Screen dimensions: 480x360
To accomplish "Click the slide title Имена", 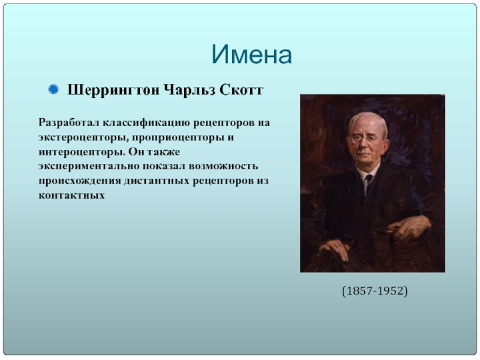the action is [251, 55].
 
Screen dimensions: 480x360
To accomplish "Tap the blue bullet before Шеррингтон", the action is [53, 89].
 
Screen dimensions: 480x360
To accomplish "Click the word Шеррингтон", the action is [113, 91].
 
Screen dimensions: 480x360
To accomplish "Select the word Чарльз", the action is [190, 91].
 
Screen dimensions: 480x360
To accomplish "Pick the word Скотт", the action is [242, 90].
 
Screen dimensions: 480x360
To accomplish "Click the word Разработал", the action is [69, 123].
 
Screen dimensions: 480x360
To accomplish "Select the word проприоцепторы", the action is [178, 138].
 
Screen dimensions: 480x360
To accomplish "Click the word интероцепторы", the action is [82, 152].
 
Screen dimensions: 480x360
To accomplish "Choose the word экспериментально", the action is [89, 167].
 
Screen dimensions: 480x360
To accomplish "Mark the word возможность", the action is [223, 166].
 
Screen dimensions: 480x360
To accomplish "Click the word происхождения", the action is [80, 181].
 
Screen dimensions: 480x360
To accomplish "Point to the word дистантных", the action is [157, 181].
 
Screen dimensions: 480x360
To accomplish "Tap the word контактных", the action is [71, 196].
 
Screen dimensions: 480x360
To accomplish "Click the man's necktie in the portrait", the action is [368, 181].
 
